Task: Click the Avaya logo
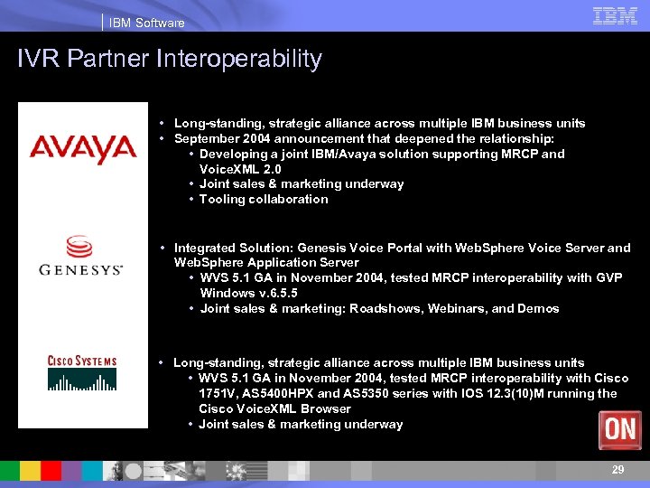tap(82, 147)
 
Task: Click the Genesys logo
tap(80, 255)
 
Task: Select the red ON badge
tap(620, 429)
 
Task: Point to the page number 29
tap(617, 470)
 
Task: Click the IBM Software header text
tap(147, 23)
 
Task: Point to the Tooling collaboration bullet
tap(264, 199)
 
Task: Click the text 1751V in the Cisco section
tap(217, 393)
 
